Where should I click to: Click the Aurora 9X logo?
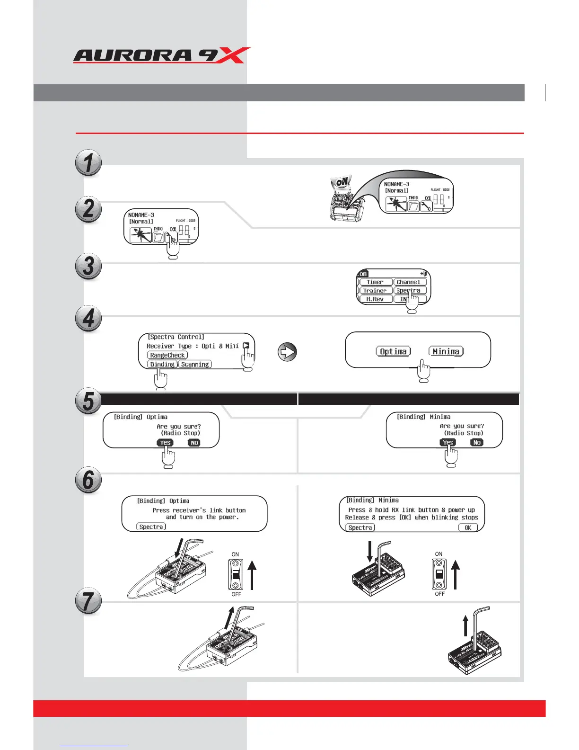pos(161,55)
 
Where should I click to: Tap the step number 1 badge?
pos(88,162)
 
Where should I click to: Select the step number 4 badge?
pos(88,318)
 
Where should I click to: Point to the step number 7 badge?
pos(88,601)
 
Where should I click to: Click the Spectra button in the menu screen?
pos(410,290)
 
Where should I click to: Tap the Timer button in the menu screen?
pos(375,282)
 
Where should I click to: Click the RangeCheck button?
pos(167,355)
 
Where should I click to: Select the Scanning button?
pos(195,364)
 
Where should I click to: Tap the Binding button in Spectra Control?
pos(162,364)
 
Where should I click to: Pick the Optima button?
pos(393,351)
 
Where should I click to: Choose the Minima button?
pos(446,351)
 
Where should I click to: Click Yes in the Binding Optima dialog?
pos(165,443)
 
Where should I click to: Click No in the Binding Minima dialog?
pos(477,442)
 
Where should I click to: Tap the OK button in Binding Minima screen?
pos(468,527)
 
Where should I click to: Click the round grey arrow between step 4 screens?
pos(287,352)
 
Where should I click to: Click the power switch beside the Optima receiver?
pos(236,574)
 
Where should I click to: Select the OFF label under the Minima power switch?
pos(440,594)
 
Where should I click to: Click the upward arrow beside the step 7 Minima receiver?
pos(465,625)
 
